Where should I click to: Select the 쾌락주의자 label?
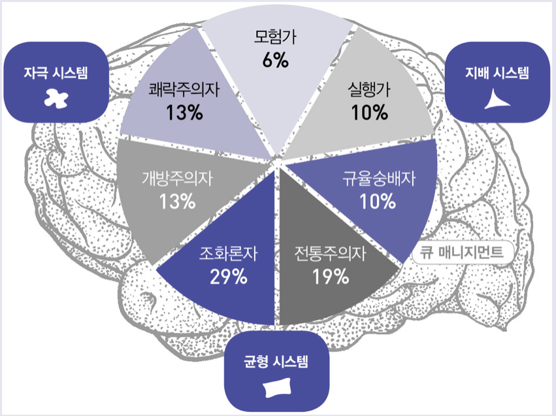point(184,90)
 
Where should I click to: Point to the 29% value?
point(228,277)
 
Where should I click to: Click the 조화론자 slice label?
point(228,253)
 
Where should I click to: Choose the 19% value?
point(331,277)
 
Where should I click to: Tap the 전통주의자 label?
point(331,253)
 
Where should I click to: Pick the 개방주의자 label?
point(178,177)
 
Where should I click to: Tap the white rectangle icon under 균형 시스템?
point(275,387)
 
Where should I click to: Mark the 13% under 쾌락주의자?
point(184,113)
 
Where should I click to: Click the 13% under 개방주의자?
point(178,201)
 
